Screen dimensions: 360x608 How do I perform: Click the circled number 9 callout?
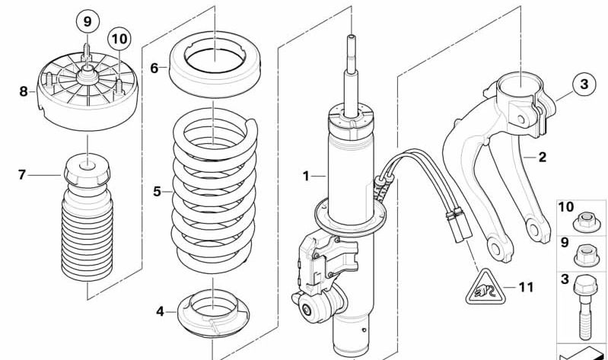coord(87,21)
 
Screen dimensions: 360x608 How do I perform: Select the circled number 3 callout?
coord(584,84)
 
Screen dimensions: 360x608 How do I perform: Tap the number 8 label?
coord(23,91)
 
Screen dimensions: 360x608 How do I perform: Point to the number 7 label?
coord(22,175)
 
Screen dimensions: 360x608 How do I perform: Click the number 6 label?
coord(154,68)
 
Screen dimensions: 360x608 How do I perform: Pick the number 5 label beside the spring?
coord(157,192)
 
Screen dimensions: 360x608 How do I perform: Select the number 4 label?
coord(160,311)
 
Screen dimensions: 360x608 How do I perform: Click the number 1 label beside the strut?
coord(305,177)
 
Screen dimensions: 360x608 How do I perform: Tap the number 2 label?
coord(542,158)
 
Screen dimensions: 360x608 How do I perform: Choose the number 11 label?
coord(526,288)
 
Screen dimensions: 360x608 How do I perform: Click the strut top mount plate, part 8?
coord(86,96)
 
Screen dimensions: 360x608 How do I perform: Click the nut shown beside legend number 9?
coord(584,253)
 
